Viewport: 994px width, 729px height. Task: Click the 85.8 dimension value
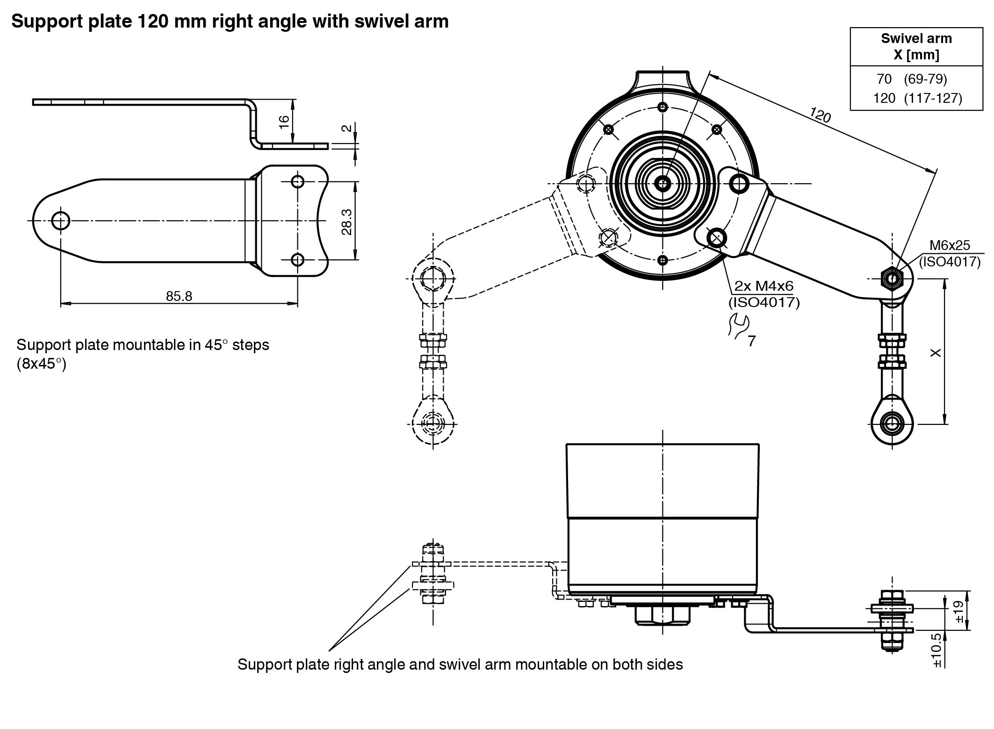[x=179, y=296]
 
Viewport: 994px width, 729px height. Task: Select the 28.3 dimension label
[x=346, y=222]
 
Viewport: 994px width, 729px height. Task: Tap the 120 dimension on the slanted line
[x=820, y=115]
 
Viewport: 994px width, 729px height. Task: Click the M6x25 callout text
[x=949, y=245]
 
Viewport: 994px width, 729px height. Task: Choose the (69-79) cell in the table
[x=925, y=79]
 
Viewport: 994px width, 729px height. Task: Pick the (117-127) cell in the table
[x=933, y=99]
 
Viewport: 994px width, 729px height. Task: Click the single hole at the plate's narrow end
[x=61, y=220]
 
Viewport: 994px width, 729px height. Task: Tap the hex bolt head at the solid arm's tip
[x=893, y=279]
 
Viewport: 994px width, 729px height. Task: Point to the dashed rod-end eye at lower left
[x=433, y=424]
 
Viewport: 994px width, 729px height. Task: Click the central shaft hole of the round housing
[x=662, y=183]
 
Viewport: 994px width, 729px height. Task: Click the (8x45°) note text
[x=41, y=364]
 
